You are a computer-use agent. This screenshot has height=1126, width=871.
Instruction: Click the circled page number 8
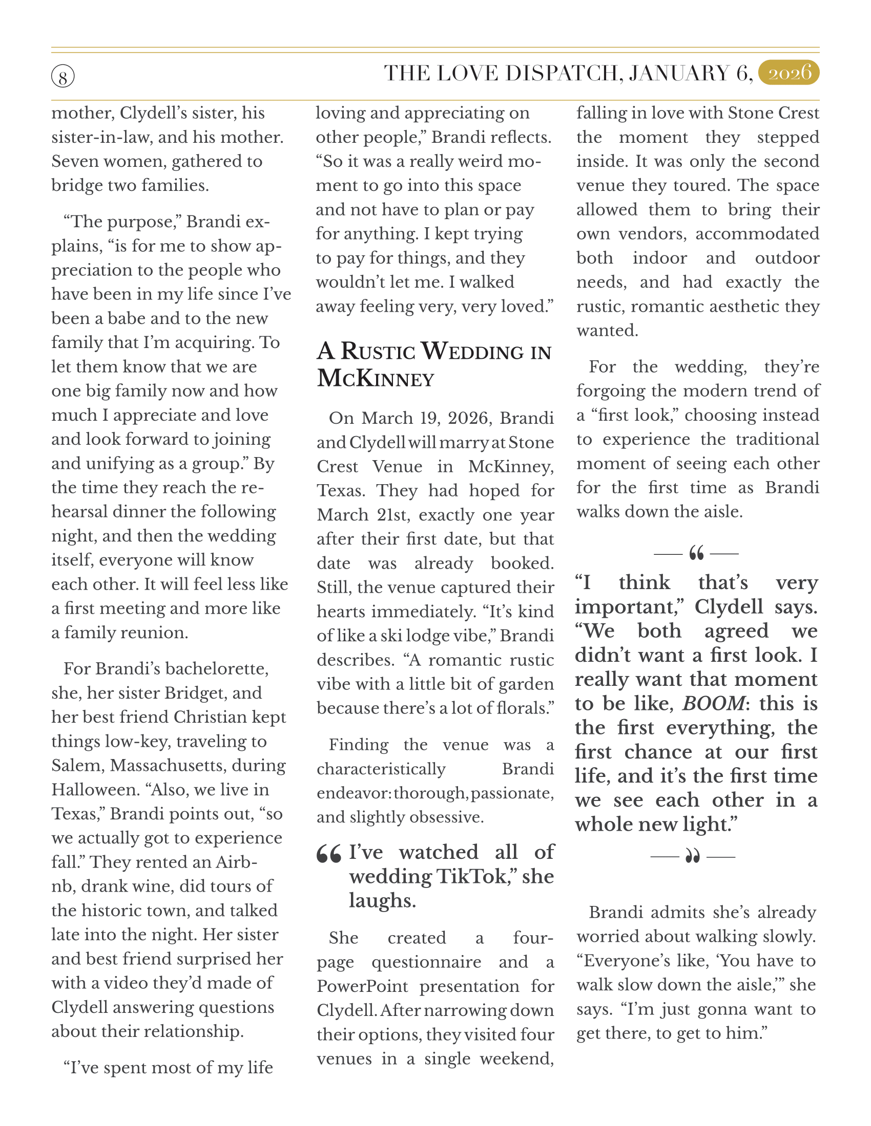click(x=63, y=77)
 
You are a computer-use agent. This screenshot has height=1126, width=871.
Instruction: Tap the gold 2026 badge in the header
click(x=789, y=73)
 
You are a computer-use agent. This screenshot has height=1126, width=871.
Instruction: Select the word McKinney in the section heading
click(x=376, y=379)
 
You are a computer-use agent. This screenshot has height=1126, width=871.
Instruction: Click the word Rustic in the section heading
click(x=378, y=352)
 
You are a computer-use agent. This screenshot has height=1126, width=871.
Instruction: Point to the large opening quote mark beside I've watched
click(x=329, y=854)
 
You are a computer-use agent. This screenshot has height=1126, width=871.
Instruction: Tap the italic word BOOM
click(x=714, y=704)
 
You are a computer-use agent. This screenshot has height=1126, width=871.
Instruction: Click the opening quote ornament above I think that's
click(x=696, y=554)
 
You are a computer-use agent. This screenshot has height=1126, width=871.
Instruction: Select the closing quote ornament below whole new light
click(x=693, y=857)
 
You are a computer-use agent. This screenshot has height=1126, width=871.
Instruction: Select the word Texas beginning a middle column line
click(x=341, y=490)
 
